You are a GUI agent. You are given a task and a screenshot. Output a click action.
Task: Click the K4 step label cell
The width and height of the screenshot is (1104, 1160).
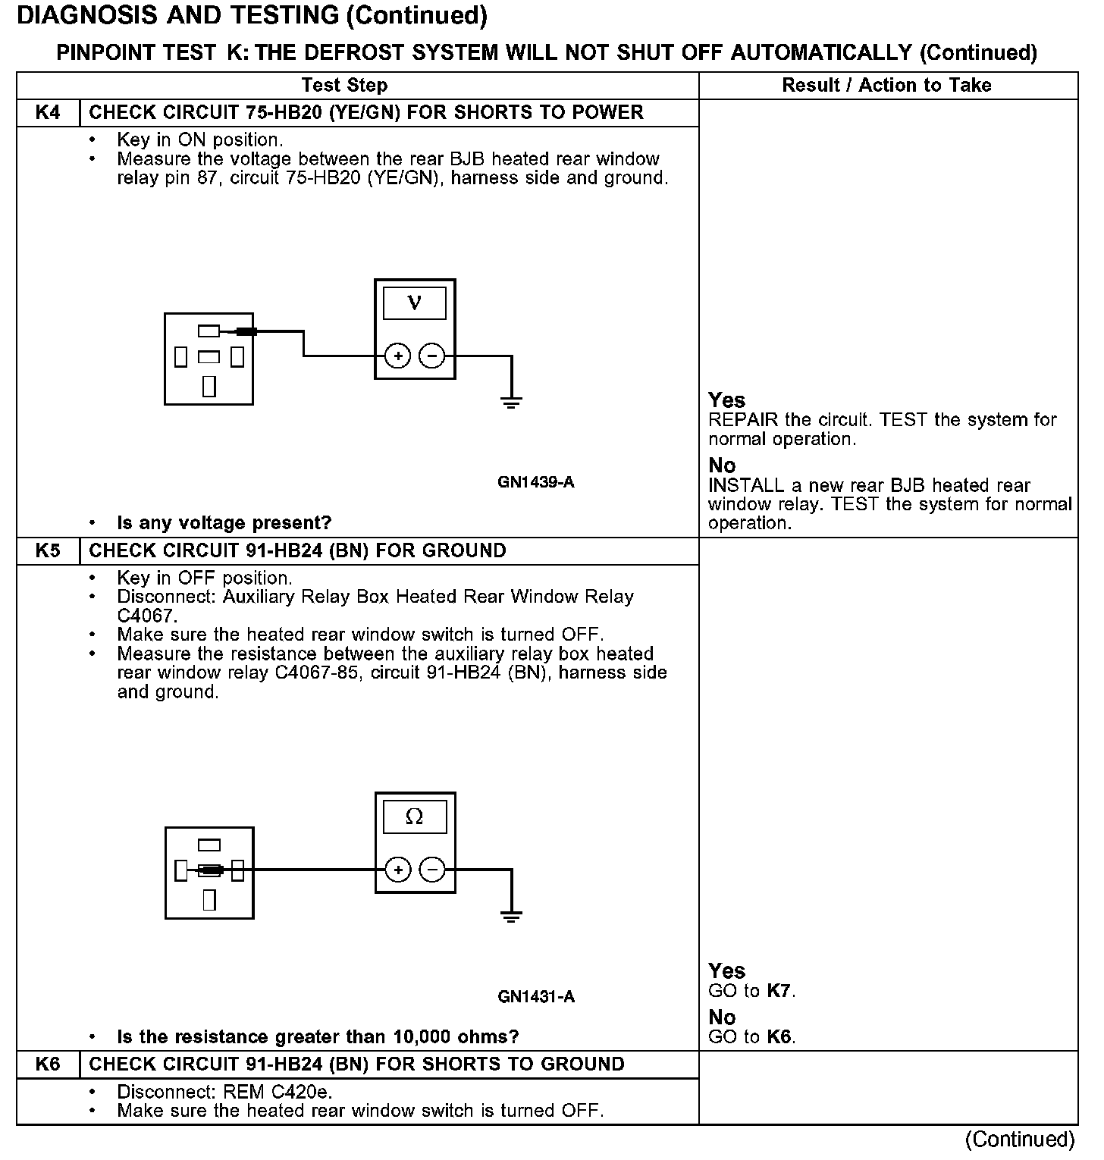click(48, 113)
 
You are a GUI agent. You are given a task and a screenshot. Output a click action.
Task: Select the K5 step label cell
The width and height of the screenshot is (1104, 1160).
click(48, 550)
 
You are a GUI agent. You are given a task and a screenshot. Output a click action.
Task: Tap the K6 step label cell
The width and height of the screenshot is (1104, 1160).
click(48, 1064)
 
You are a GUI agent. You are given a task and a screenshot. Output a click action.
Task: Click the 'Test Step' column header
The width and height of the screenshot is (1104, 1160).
click(344, 85)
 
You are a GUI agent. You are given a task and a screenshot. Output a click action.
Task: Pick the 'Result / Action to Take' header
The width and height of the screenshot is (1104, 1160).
click(886, 85)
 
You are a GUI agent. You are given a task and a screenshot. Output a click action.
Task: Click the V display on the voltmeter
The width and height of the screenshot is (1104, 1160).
click(415, 303)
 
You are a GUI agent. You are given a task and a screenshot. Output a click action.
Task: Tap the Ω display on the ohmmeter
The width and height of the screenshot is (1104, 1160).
click(415, 817)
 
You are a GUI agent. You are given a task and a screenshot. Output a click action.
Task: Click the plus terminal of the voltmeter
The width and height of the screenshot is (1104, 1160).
click(398, 356)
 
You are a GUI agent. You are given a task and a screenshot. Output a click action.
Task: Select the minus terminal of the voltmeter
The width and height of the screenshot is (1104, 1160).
click(432, 356)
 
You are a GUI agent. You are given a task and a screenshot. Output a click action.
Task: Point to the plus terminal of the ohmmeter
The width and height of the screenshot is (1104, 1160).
click(398, 870)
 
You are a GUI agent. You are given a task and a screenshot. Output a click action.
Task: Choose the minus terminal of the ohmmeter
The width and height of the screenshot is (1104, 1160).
click(432, 870)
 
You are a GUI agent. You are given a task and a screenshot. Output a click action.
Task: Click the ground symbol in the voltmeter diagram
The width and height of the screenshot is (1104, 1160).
click(512, 402)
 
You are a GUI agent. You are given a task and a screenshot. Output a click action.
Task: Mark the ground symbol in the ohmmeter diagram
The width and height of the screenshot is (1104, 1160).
click(512, 916)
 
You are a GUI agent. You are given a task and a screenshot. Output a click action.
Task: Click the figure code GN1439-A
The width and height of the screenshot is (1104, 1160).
click(536, 482)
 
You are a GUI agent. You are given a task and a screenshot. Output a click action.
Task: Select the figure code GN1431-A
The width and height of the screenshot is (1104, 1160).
click(536, 996)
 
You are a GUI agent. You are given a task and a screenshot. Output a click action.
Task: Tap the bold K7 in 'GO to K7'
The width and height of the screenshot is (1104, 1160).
click(780, 991)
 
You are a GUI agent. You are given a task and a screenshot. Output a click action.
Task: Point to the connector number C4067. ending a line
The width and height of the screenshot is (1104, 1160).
click(147, 616)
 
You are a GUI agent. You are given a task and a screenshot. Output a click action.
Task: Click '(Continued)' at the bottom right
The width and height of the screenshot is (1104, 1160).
click(1020, 1140)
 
